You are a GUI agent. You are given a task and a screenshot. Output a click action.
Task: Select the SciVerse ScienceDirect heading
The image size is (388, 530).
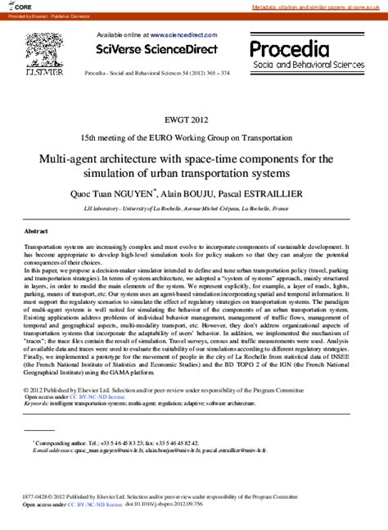[158, 49]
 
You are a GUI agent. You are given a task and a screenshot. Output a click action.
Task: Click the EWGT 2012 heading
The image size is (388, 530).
[193, 118]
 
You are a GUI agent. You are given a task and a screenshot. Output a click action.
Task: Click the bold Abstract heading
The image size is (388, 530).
[37, 232]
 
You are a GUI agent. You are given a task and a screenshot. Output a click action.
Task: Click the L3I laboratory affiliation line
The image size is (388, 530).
[193, 209]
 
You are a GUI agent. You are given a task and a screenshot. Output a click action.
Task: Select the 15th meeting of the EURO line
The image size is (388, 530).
[193, 137]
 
